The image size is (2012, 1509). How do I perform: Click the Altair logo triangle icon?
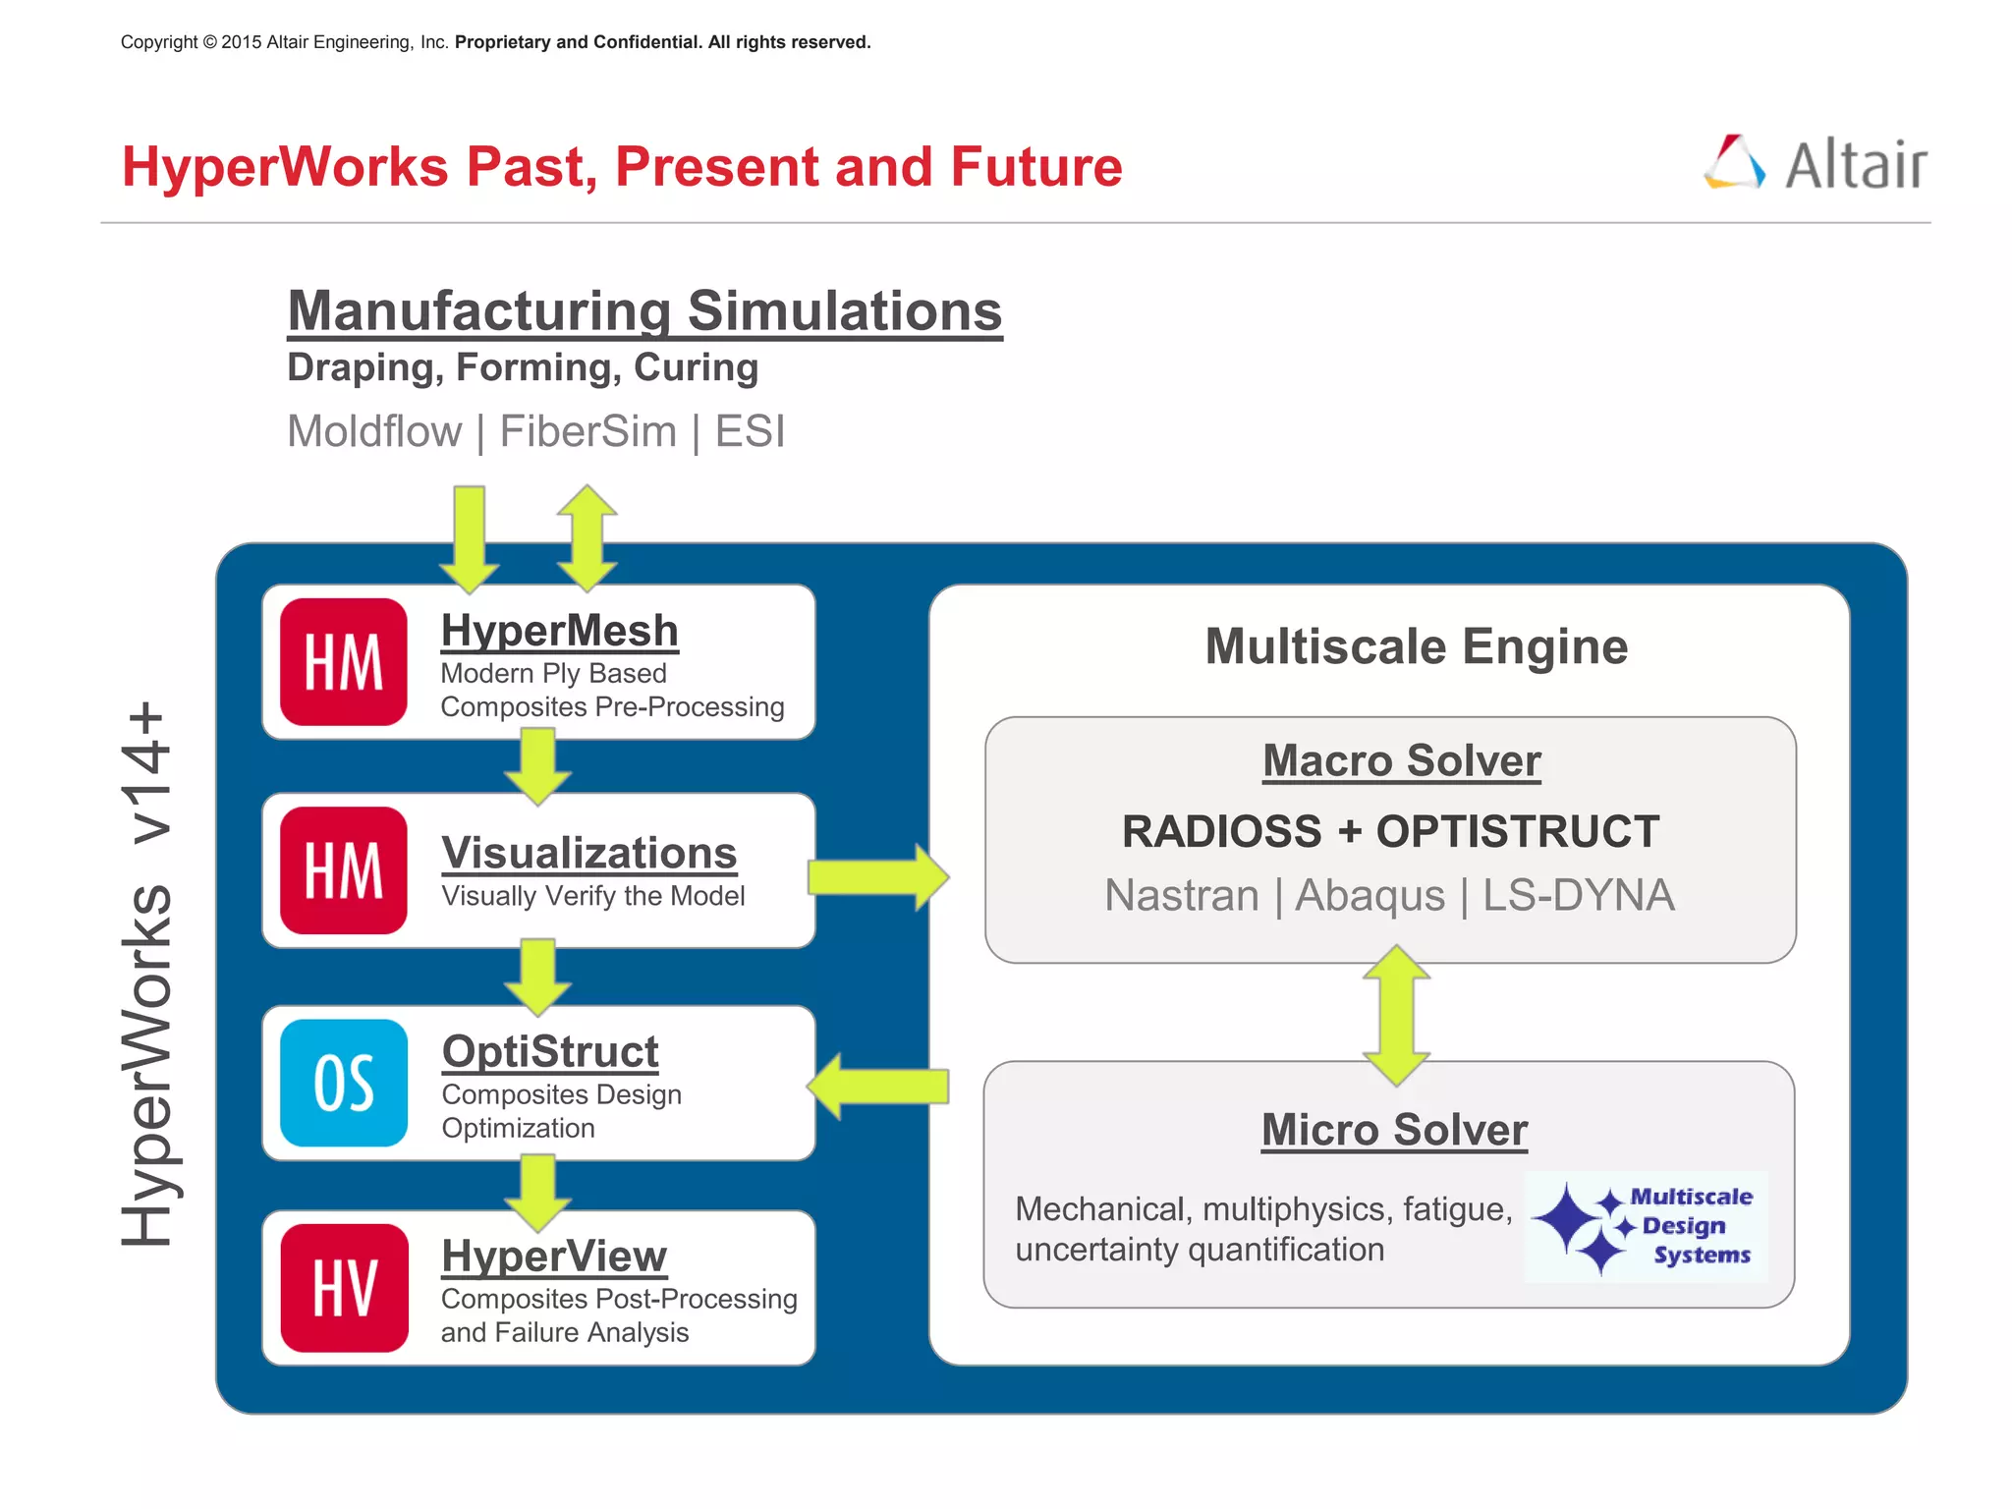1735,162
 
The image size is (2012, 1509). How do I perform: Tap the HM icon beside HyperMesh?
344,662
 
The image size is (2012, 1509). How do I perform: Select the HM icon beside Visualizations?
344,870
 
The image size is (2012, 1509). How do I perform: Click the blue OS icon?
344,1083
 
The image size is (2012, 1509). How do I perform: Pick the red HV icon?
344,1288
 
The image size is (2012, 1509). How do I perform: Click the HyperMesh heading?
559,631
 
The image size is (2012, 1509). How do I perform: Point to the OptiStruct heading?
550,1051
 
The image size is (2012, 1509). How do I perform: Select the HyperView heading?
554,1256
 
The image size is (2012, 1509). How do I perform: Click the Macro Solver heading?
1402,760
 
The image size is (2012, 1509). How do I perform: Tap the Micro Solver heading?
1394,1130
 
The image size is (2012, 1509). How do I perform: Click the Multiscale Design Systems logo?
1647,1226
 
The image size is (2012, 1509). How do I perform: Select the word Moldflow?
374,431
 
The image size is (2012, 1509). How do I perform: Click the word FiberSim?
588,431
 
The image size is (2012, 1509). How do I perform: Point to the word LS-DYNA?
1578,896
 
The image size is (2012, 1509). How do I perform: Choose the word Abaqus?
1369,896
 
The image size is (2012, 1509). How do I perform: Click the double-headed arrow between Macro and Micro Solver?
1396,1015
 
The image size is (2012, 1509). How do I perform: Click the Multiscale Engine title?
1416,646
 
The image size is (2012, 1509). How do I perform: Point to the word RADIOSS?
1221,832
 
